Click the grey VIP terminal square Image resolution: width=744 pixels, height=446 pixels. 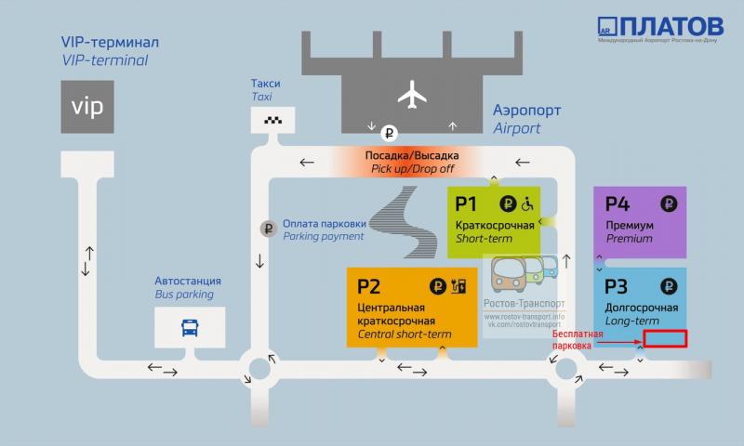pos(88,106)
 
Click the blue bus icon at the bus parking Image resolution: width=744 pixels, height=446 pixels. pos(190,327)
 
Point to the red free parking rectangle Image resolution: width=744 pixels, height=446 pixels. pos(665,338)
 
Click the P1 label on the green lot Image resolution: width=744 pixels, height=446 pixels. pos(467,203)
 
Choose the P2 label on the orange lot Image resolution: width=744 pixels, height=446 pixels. pos(369,285)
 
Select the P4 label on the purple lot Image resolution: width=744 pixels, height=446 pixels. pos(618,203)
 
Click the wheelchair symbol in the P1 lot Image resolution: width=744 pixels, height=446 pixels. pos(527,203)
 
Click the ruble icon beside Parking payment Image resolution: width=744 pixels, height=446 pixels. pos(268,229)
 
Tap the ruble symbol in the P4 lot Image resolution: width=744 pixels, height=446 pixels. pos(669,203)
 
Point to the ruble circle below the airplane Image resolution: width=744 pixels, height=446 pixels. pos(391,132)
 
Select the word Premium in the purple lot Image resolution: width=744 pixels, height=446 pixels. pos(630,239)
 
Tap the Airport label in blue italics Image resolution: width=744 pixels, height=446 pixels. pos(516,128)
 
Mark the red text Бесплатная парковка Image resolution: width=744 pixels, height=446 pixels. pos(571,339)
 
